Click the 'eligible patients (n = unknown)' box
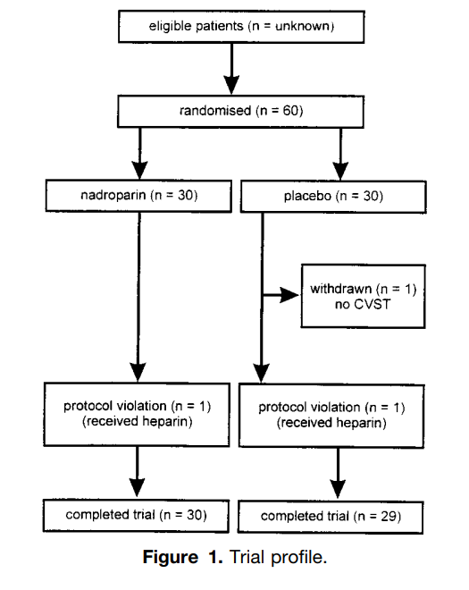tap(241, 26)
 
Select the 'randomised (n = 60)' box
tap(240, 112)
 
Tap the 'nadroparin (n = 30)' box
tap(138, 196)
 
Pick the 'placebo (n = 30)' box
tap(333, 197)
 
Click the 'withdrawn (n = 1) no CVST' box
tap(364, 296)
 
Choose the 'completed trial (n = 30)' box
tap(136, 516)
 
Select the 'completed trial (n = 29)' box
tap(331, 517)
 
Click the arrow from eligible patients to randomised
tap(231, 69)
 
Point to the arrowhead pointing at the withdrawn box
tap(289, 295)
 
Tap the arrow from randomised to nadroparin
tap(140, 154)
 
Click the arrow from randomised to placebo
tap(340, 155)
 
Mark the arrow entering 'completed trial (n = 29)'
tap(338, 474)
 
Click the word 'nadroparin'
tap(113, 195)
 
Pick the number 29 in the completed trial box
tap(389, 517)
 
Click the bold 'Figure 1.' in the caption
tap(183, 557)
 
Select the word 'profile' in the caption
tap(297, 558)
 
